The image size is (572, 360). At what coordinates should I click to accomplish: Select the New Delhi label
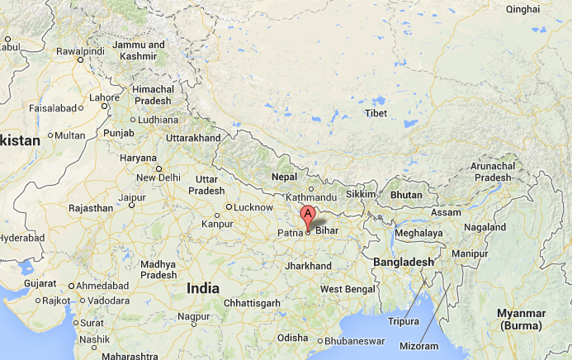[158, 178]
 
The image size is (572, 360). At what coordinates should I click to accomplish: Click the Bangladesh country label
[404, 262]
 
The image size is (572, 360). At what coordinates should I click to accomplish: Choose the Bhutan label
[406, 196]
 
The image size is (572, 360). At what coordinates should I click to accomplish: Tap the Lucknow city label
[253, 207]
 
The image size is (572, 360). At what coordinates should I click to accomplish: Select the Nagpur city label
[194, 316]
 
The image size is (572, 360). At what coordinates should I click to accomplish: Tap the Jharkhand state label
[307, 266]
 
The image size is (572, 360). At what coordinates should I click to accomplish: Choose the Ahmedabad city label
[99, 286]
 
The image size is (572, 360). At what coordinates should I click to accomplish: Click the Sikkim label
[360, 193]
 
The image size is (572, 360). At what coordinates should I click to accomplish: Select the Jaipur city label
[132, 197]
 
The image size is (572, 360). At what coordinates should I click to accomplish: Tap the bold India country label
[203, 288]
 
